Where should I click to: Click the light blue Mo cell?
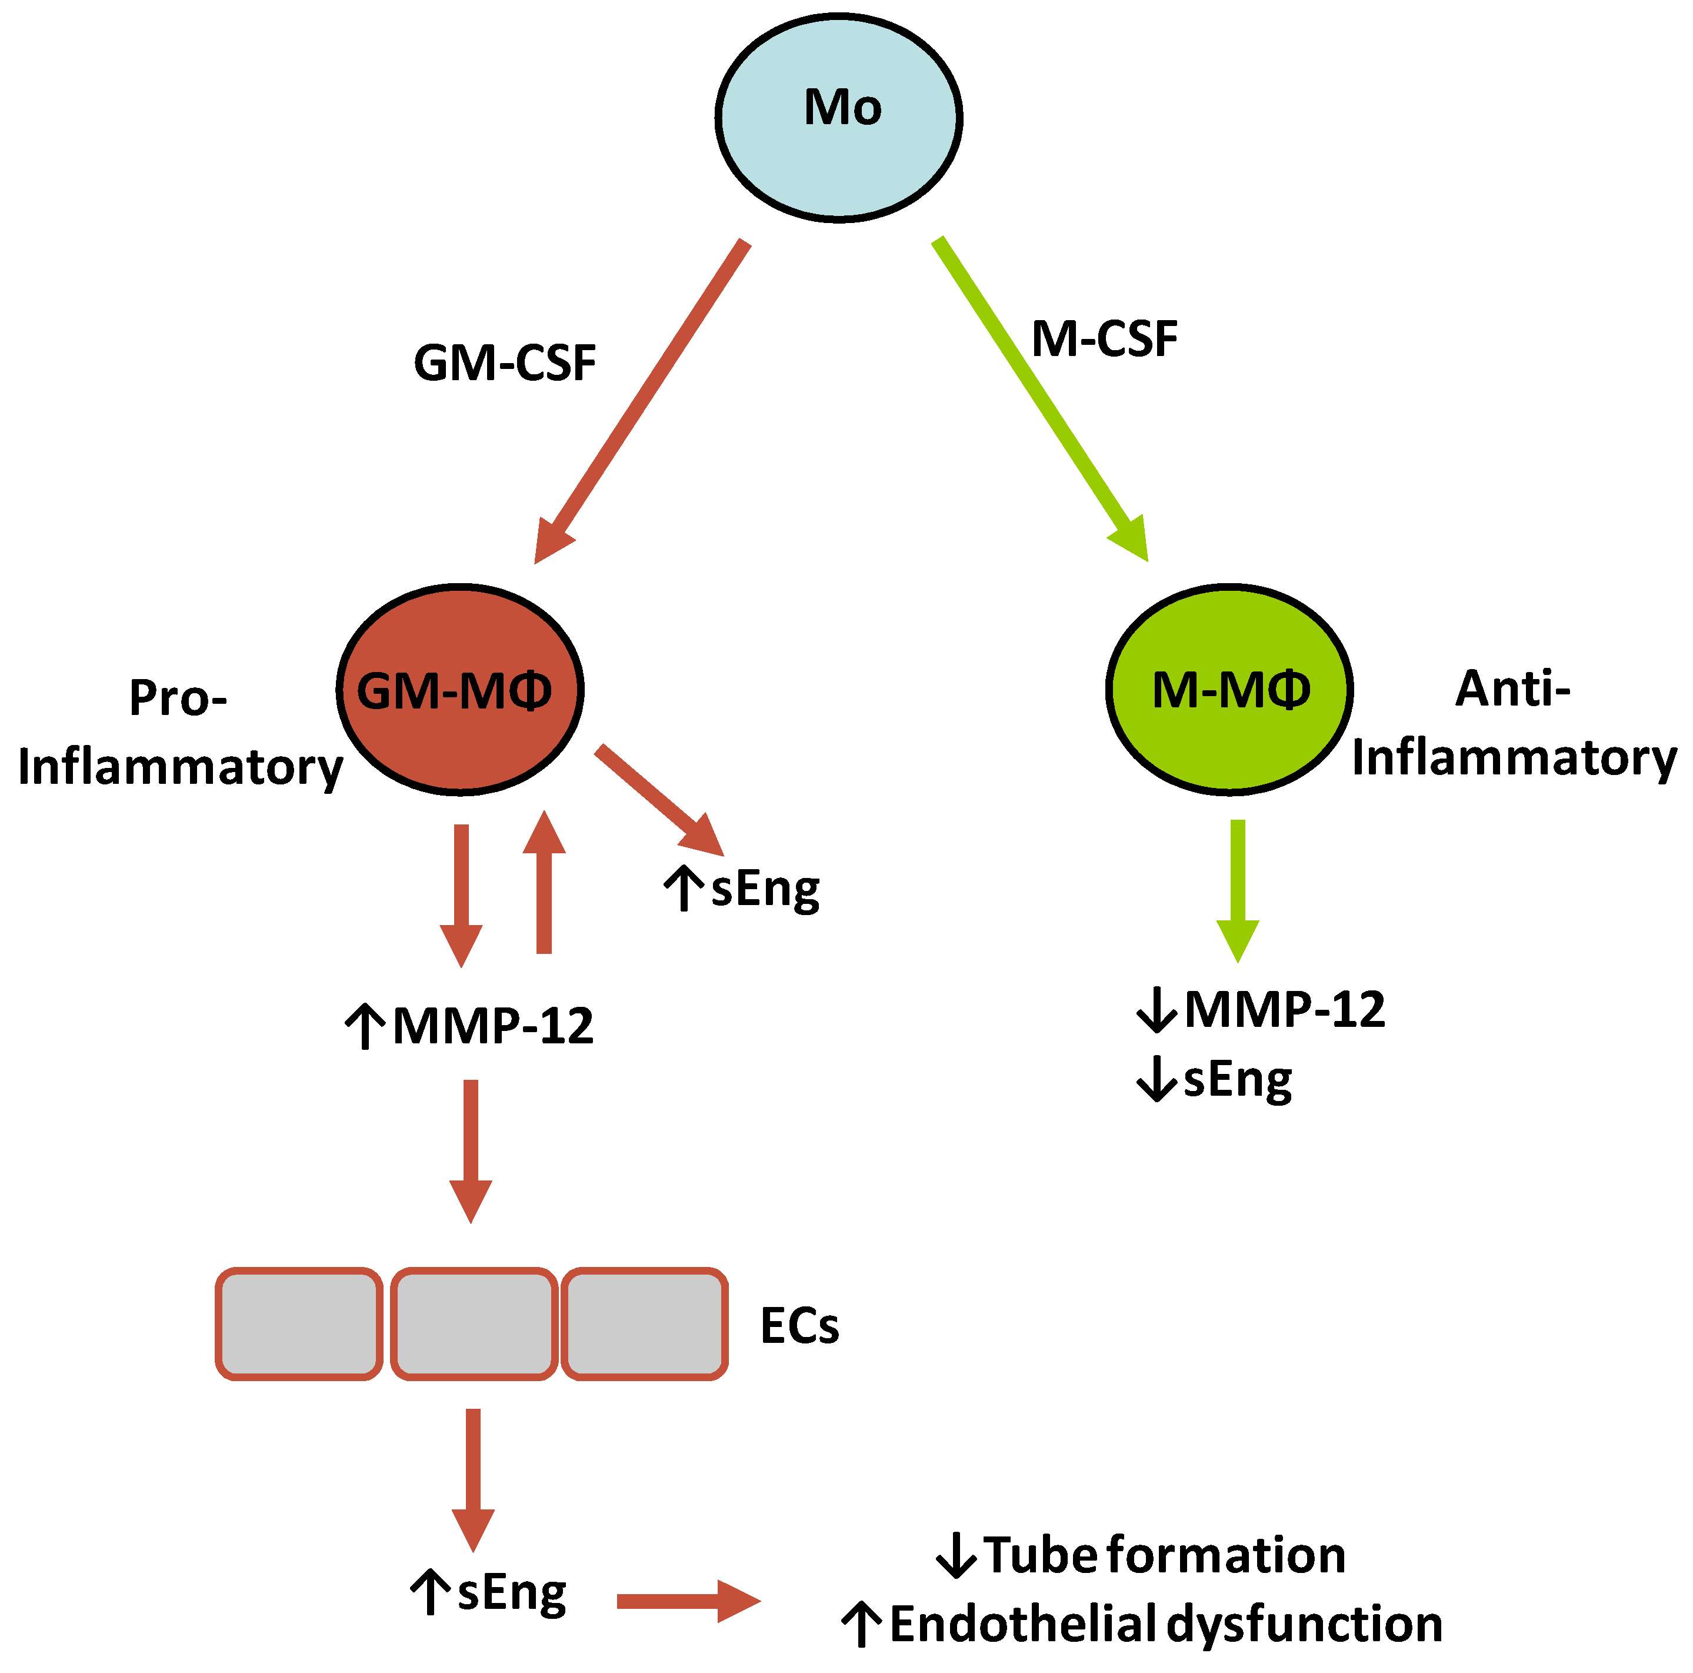pyautogui.click(x=839, y=117)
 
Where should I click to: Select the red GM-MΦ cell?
pyautogui.click(x=460, y=690)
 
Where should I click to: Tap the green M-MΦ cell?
pyautogui.click(x=1229, y=690)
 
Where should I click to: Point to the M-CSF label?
pyautogui.click(x=1104, y=339)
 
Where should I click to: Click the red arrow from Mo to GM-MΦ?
pyautogui.click(x=644, y=399)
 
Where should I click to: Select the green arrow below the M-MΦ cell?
pyautogui.click(x=1237, y=890)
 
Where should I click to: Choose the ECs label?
pyautogui.click(x=799, y=1325)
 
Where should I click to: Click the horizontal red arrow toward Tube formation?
pyautogui.click(x=688, y=1601)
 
